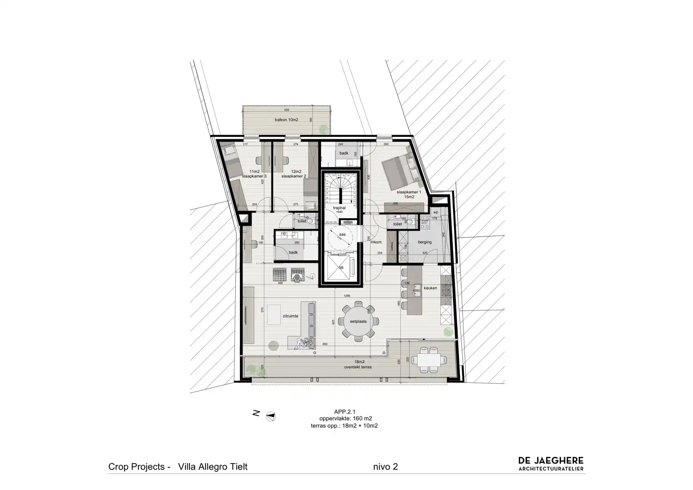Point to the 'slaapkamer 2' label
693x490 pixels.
point(293,176)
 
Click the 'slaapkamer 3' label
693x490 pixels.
point(254,176)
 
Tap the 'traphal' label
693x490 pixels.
point(339,208)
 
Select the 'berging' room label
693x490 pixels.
point(425,242)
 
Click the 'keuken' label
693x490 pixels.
point(430,288)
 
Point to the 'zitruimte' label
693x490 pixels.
point(290,316)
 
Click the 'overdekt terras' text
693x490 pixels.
point(358,367)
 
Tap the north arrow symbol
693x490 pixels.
point(271,416)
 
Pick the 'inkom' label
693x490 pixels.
point(376,242)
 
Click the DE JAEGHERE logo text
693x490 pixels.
point(551,461)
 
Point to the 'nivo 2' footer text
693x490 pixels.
point(386,467)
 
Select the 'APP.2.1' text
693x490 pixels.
point(344,412)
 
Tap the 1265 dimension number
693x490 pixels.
point(346,296)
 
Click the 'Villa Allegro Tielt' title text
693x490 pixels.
point(213,467)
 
